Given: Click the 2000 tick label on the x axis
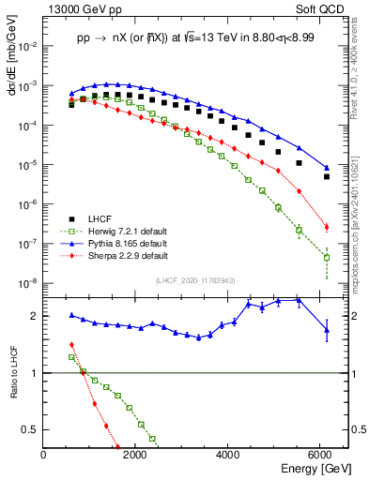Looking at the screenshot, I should [136, 453].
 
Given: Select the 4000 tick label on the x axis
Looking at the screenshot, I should [229, 453].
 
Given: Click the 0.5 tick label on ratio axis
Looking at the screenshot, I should [31, 429].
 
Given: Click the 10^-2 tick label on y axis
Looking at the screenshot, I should [28, 45].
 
